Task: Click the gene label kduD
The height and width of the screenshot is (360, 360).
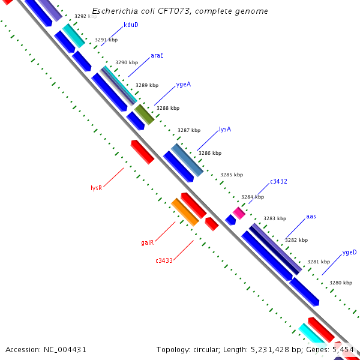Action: (x=131, y=25)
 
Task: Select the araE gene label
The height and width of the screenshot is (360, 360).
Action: (x=157, y=55)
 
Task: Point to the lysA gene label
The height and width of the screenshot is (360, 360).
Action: (x=225, y=129)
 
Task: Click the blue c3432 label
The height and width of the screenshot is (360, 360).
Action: (x=278, y=181)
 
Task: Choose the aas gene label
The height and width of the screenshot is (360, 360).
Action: (x=311, y=216)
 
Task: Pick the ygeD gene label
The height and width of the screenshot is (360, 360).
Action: (x=349, y=253)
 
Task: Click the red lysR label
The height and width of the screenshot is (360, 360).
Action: (x=96, y=188)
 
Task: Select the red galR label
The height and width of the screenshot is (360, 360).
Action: (x=148, y=243)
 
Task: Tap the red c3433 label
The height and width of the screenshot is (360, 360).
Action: (x=164, y=260)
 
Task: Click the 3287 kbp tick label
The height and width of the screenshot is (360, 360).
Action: (x=188, y=130)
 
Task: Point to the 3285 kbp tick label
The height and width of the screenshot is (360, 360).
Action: (x=231, y=175)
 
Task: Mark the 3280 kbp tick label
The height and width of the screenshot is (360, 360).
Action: (x=340, y=283)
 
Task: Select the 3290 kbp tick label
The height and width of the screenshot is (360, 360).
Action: (x=126, y=62)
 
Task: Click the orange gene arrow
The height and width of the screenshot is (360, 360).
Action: (x=185, y=212)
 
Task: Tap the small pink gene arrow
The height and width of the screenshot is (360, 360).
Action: (x=239, y=213)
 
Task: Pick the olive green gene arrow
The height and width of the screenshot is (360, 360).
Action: (x=144, y=113)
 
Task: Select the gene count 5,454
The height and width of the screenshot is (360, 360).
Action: (x=343, y=349)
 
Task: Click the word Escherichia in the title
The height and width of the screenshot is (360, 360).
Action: (x=115, y=11)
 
